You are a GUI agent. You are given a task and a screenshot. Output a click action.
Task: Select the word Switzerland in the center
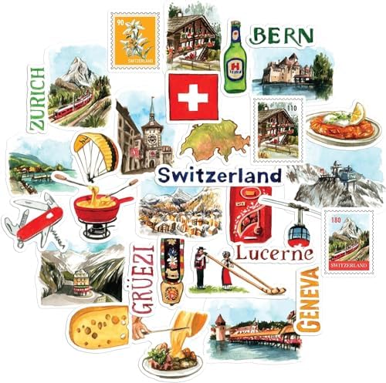tap(218, 176)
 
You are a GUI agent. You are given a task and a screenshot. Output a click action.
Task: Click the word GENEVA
tap(310, 301)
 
